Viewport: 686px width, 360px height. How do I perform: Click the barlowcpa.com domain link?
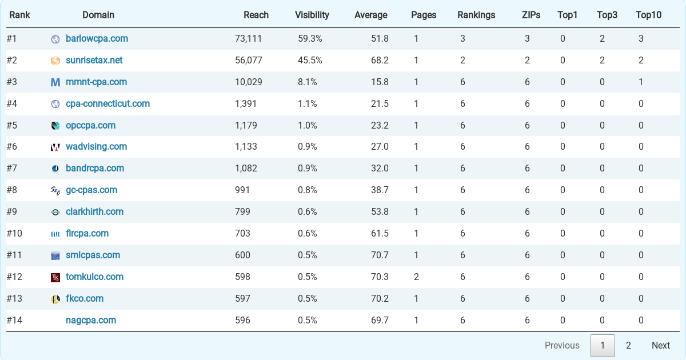pos(97,39)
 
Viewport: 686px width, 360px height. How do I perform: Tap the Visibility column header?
pos(312,15)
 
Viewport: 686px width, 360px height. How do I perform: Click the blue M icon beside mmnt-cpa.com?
pos(55,82)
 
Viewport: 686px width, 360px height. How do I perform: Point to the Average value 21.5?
pos(380,104)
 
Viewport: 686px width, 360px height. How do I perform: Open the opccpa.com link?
pos(90,126)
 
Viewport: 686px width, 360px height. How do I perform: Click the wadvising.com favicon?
pos(55,147)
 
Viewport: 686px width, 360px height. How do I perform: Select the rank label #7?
pos(12,169)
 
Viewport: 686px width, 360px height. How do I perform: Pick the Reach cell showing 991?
pos(242,190)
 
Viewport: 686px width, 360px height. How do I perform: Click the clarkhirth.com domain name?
pos(94,212)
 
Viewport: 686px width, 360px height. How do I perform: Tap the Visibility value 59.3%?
pos(310,39)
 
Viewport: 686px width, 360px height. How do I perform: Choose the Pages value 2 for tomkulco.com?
pos(416,277)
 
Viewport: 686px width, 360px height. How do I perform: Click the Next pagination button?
pos(660,345)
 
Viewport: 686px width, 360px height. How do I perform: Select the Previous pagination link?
pos(562,345)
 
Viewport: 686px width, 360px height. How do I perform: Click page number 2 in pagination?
pos(628,345)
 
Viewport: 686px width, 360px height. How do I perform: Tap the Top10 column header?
pos(648,15)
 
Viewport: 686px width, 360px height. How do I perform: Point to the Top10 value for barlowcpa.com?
pos(641,39)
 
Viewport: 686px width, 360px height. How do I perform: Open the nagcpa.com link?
pos(91,321)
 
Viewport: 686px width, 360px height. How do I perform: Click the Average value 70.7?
pos(380,255)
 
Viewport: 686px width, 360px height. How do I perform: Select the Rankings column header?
pos(476,15)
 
